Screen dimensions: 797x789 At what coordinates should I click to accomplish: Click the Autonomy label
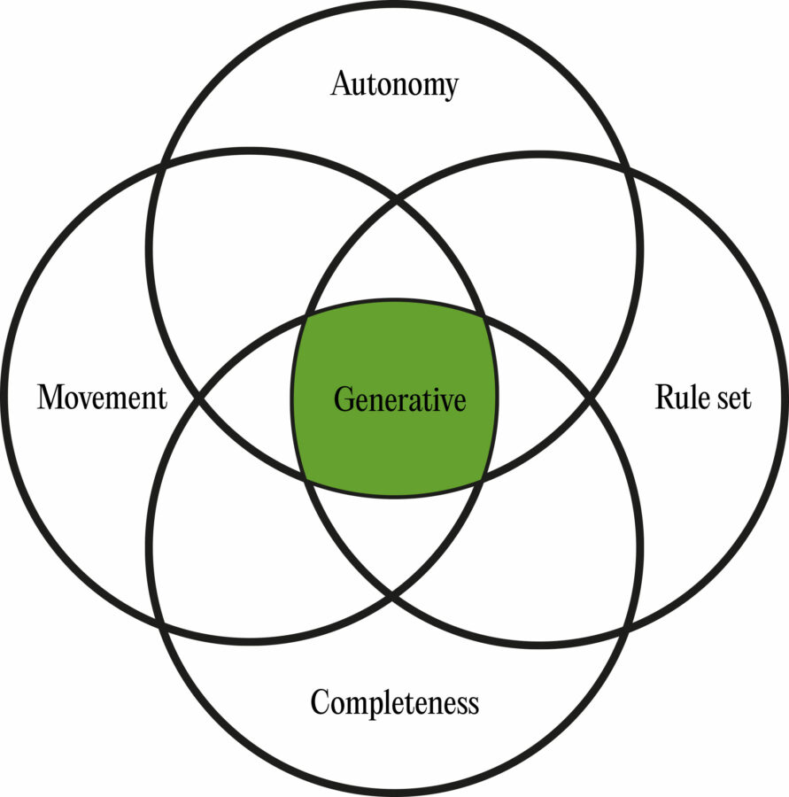[x=395, y=85]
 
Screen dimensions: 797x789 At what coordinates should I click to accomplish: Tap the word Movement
[x=102, y=398]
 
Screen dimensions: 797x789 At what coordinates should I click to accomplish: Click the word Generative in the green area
[x=399, y=400]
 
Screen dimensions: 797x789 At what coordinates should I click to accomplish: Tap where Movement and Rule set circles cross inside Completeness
[x=395, y=596]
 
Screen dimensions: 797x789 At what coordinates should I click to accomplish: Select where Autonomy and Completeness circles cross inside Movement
[x=197, y=398]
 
